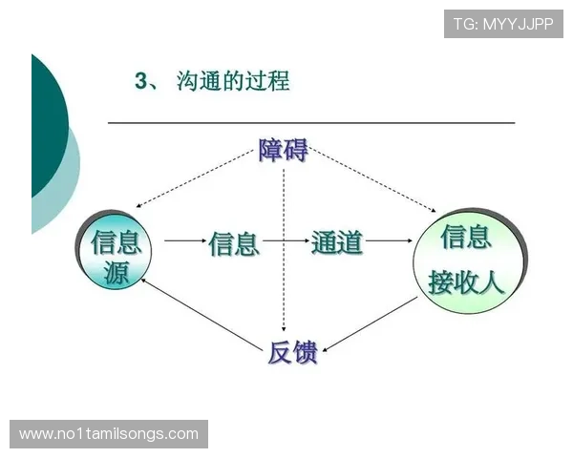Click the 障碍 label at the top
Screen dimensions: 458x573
pos(284,150)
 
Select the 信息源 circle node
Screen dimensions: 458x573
pos(116,255)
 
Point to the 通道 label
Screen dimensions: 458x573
pos(337,242)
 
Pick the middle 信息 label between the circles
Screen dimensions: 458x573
pos(234,243)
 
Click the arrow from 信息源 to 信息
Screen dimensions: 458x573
pos(184,242)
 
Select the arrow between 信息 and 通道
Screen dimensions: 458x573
pos(285,242)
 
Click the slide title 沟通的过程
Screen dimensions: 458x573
pos(233,82)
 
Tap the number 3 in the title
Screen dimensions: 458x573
pos(141,82)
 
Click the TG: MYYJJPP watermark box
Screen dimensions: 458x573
pos(503,23)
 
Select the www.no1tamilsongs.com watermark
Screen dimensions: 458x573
pos(110,434)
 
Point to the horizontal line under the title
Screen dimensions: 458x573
pos(310,123)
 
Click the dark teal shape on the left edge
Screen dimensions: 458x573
pos(46,124)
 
